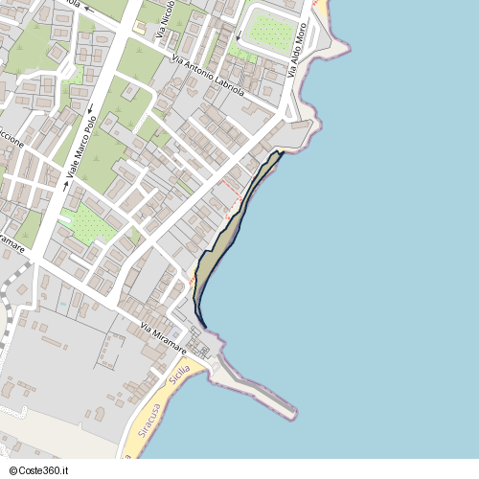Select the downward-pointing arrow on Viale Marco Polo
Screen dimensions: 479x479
[x=91, y=107]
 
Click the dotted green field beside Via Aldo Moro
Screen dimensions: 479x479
[x=270, y=31]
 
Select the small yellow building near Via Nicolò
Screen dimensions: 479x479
[x=140, y=27]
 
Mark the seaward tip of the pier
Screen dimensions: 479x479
[x=292, y=414]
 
